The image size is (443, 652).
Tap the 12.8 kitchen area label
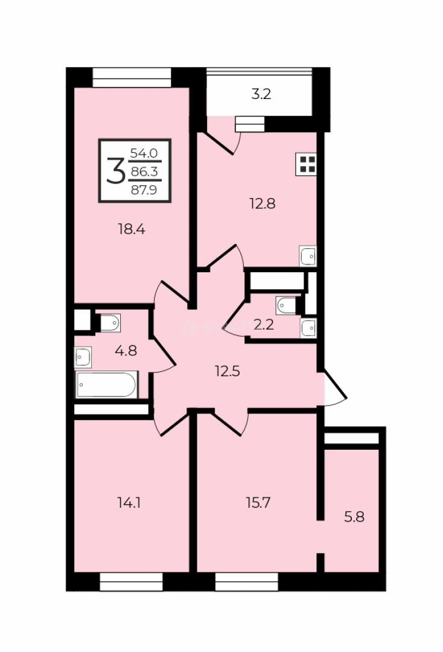[263, 203]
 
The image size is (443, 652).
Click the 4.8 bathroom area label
[126, 351]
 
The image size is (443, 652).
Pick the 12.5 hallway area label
[228, 371]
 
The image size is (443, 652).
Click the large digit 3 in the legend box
[115, 171]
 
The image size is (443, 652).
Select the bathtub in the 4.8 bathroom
[107, 385]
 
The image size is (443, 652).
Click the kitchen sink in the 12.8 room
[308, 256]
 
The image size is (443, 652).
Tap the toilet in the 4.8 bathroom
[109, 323]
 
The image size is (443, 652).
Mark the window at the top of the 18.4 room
[132, 78]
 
